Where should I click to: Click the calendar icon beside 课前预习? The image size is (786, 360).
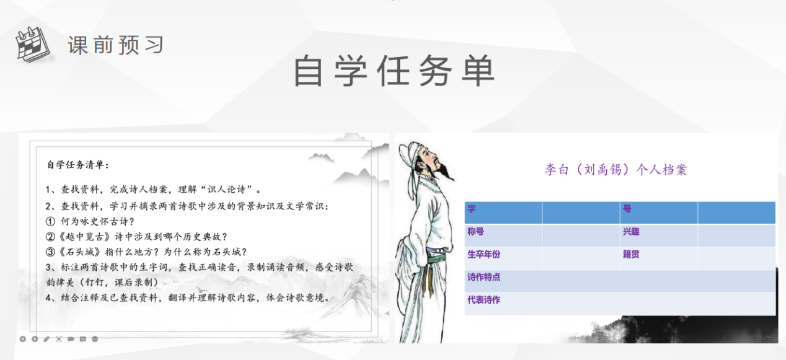[x=33, y=45]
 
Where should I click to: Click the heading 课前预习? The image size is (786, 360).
[x=116, y=45]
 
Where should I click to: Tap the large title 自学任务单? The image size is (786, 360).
[x=394, y=71]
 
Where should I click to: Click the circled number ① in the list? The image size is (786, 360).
[x=51, y=221]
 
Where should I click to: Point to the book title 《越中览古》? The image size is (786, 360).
[x=85, y=237]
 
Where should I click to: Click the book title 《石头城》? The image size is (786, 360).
[x=80, y=252]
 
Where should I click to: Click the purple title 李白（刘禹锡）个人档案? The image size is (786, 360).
[x=616, y=170]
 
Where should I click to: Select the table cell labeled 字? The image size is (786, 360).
[x=503, y=213]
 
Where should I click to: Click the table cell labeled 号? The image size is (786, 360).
[x=659, y=213]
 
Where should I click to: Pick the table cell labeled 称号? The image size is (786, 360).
[x=503, y=235]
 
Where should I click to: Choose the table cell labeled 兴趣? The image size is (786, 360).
[x=659, y=235]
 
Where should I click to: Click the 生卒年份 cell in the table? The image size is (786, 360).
[x=503, y=258]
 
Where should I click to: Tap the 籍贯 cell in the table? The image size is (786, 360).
[x=659, y=258]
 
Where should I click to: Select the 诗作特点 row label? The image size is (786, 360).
[x=484, y=277]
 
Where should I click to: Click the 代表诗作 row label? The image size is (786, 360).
[x=484, y=300]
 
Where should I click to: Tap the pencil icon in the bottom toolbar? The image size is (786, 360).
[x=46, y=339]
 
